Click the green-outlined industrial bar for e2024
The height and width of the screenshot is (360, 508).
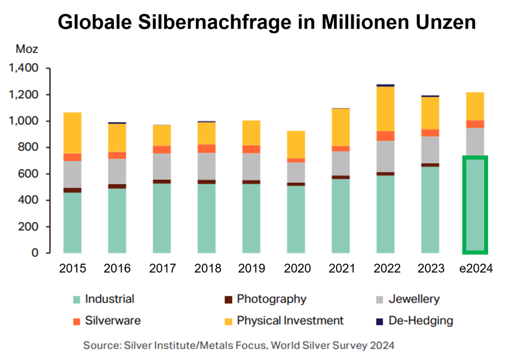pyautogui.click(x=475, y=205)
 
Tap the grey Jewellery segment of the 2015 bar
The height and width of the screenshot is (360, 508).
pyautogui.click(x=72, y=174)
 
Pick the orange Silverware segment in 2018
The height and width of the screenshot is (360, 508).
pyautogui.click(x=207, y=148)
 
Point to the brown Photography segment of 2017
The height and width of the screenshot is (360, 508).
pyautogui.click(x=162, y=181)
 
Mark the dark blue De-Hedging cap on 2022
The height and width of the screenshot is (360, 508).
pyautogui.click(x=385, y=85)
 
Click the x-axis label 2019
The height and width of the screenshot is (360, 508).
pyautogui.click(x=251, y=268)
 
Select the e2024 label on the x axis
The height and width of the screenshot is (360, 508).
pyautogui.click(x=475, y=268)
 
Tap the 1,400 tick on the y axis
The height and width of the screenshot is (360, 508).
pyautogui.click(x=24, y=68)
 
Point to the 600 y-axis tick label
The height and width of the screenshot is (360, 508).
pyautogui.click(x=29, y=174)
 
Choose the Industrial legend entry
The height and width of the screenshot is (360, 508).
pyautogui.click(x=109, y=299)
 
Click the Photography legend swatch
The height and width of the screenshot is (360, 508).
pyautogui.click(x=228, y=299)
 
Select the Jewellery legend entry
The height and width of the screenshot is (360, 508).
pyautogui.click(x=413, y=299)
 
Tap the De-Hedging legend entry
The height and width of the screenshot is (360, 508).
pyautogui.click(x=420, y=321)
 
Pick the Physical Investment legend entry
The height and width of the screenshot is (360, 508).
pyautogui.click(x=290, y=321)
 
